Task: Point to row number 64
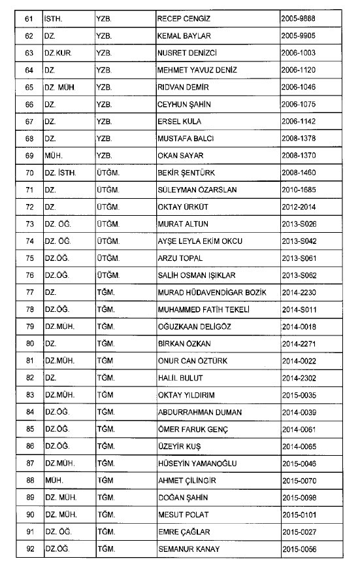27,70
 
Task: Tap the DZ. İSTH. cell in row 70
60,173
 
